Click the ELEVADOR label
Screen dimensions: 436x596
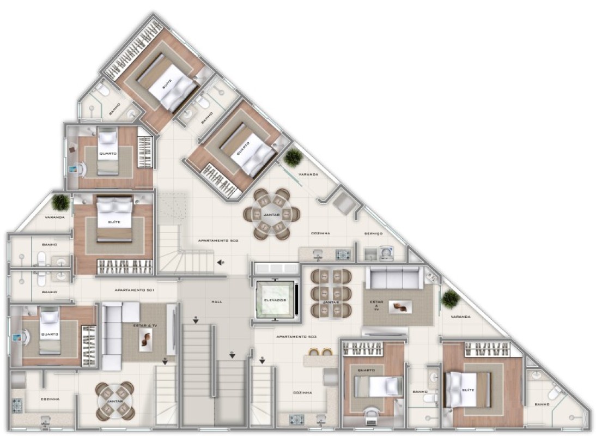pos(274,299)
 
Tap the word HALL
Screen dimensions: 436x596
pos(216,301)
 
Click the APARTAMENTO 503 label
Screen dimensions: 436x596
pos(296,337)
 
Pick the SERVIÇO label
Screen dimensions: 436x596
pos(373,233)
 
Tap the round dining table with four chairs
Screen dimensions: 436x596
pos(115,401)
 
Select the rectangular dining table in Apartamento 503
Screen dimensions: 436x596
pos(330,294)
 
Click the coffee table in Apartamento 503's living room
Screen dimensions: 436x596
pos(400,307)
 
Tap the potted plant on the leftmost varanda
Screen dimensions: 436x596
pos(60,202)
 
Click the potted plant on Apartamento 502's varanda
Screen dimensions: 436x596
pos(293,158)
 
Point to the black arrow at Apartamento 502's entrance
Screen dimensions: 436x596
pos(220,263)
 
